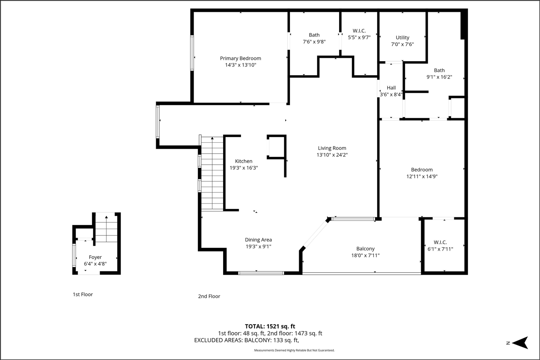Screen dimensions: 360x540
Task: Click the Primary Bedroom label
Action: (x=240, y=58)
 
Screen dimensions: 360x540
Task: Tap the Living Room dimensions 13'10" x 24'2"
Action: (x=332, y=155)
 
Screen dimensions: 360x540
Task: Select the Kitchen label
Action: (x=243, y=161)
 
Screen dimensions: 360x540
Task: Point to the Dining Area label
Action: (x=258, y=240)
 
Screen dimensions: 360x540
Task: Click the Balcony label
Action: (x=365, y=249)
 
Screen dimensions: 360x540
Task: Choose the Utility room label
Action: (x=402, y=38)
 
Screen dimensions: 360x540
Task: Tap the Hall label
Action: (x=391, y=88)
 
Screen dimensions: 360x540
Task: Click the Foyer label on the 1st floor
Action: (x=95, y=257)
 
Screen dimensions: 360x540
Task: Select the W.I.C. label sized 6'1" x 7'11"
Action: (x=440, y=242)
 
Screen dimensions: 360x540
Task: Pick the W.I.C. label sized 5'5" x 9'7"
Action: (x=359, y=31)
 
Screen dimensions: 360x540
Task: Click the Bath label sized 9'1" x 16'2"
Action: (x=439, y=70)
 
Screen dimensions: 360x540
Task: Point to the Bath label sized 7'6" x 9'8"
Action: (x=314, y=35)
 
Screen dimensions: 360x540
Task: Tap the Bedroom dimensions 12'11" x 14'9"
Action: (x=422, y=177)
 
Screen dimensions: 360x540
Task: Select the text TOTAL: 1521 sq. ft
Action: (x=270, y=326)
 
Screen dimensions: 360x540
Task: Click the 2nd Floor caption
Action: (x=209, y=296)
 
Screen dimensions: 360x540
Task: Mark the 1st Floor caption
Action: (x=83, y=295)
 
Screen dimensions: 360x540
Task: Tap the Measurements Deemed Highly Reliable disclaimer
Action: (x=294, y=351)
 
